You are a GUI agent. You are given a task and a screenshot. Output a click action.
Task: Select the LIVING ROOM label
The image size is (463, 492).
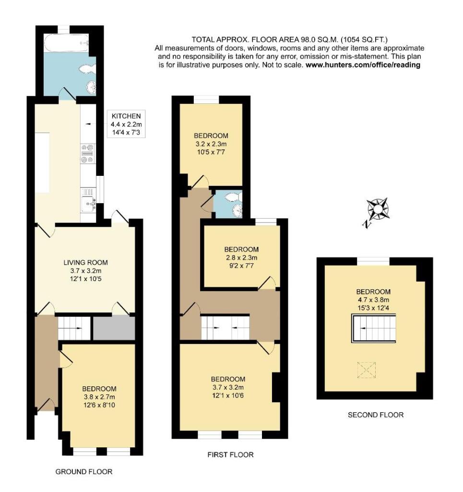[x=86, y=262]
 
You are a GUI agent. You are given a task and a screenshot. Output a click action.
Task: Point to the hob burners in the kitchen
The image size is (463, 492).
[x=88, y=154]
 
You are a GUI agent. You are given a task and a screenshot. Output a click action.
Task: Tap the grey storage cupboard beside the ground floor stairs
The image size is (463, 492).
[x=114, y=328]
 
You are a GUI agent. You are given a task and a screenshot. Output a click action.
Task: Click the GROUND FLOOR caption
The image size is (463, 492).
[x=84, y=472]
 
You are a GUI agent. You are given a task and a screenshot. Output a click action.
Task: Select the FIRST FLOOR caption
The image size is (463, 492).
[x=230, y=455]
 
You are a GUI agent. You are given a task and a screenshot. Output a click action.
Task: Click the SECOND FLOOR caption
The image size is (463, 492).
[x=376, y=415]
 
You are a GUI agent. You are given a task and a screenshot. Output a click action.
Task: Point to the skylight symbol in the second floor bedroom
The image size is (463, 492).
[x=366, y=369]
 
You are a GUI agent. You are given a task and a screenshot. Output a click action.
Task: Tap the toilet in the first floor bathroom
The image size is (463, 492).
[x=234, y=197]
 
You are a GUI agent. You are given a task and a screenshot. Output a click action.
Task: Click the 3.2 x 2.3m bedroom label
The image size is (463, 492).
[x=211, y=144]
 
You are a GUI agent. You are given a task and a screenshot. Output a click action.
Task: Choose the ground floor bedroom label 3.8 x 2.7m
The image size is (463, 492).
[x=99, y=397]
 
